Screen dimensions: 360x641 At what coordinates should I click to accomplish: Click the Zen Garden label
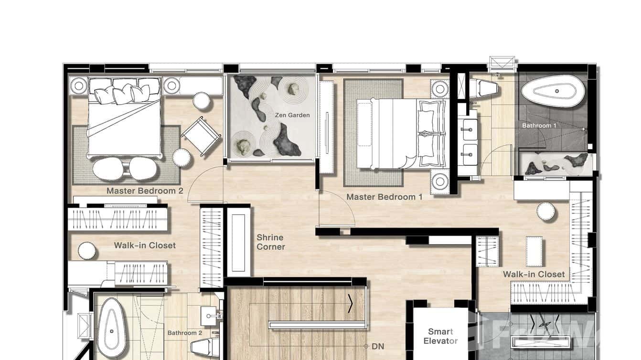(292, 115)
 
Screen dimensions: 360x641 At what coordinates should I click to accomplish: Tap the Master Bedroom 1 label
(384, 197)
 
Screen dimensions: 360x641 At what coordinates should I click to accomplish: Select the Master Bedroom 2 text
(145, 191)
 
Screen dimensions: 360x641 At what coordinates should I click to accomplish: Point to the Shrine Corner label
(271, 242)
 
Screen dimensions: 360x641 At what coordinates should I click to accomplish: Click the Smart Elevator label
(440, 336)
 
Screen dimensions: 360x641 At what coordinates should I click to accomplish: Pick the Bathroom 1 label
(539, 126)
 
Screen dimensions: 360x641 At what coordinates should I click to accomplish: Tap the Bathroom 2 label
(184, 333)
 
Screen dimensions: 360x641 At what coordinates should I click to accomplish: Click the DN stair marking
(378, 347)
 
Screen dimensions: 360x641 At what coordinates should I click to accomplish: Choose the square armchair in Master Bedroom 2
(201, 136)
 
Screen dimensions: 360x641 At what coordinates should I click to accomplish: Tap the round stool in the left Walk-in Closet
(87, 250)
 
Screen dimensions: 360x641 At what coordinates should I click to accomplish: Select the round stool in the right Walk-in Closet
(545, 212)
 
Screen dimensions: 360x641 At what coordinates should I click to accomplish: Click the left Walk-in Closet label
(145, 245)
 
